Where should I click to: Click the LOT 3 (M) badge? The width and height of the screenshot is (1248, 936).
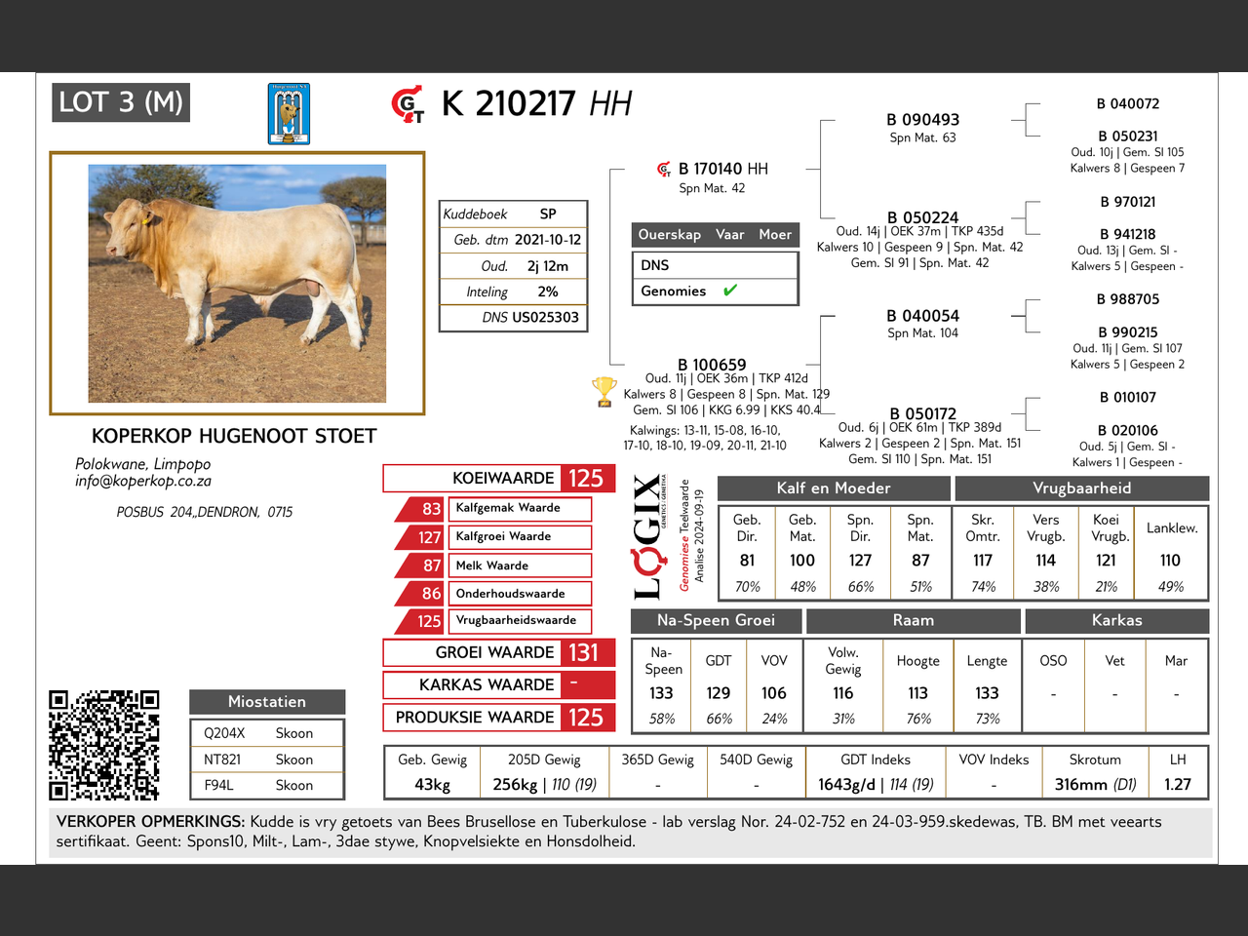pos(121,102)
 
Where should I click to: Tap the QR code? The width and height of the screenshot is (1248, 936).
pos(103,745)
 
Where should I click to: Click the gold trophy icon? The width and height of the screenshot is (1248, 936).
pos(604,391)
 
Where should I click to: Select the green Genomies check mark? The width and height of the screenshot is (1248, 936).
pos(730,291)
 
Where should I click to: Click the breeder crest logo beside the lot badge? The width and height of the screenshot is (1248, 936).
pos(289,114)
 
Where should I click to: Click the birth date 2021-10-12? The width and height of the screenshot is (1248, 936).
pos(547,240)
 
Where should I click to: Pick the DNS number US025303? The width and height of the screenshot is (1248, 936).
pos(545,317)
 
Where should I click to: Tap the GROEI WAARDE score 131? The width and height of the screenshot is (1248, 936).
pos(584,652)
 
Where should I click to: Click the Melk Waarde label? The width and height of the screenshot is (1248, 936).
pos(492,565)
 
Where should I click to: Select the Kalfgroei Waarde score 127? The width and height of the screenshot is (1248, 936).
pos(430,537)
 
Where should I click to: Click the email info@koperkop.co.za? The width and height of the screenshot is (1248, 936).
pos(143,481)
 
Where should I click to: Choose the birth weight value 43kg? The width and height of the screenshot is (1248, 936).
pos(432,784)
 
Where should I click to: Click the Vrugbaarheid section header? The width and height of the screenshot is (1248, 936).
pos(1081,488)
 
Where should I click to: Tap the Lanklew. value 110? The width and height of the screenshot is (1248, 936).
pos(1170,561)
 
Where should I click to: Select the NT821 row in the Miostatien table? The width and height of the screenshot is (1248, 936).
pos(266,760)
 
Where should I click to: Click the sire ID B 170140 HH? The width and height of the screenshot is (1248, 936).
pos(722,169)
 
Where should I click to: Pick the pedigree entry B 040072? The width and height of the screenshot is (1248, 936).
pos(1127,103)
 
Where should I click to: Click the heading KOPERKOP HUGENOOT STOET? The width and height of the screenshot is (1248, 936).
pos(234,436)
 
